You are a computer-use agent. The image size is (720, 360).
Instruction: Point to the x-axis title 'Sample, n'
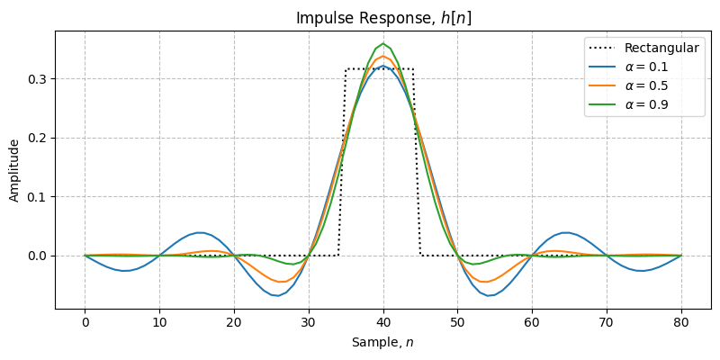[383, 342]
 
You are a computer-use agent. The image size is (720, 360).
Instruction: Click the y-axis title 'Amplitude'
[14, 170]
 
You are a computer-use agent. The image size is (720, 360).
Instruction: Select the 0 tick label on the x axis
[85, 323]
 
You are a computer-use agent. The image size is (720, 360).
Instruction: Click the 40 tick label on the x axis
[383, 323]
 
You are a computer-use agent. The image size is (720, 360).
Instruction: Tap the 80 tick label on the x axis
[681, 323]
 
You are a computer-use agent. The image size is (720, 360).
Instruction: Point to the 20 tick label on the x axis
[234, 323]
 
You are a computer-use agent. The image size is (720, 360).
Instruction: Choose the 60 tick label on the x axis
[532, 323]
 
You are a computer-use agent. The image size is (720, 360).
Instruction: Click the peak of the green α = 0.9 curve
[383, 43]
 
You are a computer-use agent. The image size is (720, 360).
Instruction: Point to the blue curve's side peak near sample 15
[200, 232]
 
